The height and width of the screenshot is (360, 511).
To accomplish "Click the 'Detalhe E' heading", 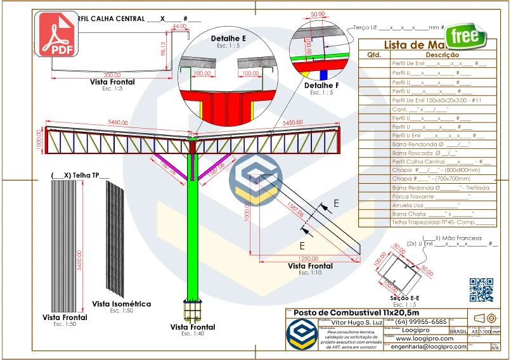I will click(x=228, y=39).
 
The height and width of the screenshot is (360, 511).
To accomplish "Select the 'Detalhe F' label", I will click(x=321, y=86).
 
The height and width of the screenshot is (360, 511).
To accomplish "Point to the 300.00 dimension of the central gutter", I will click(x=94, y=75).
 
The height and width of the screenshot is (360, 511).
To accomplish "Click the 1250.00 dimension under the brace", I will click(x=306, y=259).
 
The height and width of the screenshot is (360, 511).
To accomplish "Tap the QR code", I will click(x=481, y=290).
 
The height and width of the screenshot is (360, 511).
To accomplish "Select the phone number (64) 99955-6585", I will click(x=422, y=322).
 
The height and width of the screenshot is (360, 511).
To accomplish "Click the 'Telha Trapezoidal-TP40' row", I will click(x=444, y=222).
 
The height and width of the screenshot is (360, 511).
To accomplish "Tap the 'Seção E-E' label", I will click(x=403, y=297).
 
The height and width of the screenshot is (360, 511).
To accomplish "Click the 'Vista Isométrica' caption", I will click(x=122, y=304).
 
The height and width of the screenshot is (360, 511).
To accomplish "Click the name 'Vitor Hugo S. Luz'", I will click(x=356, y=322).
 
